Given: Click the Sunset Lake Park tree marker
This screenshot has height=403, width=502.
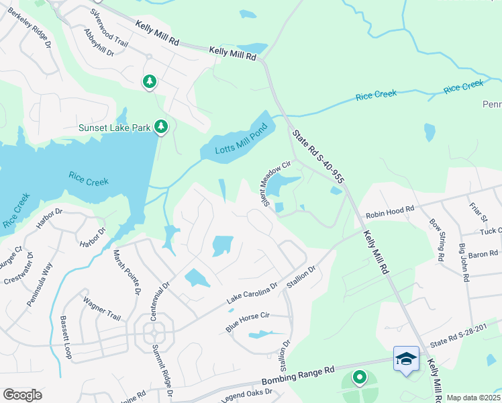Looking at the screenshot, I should tap(160, 126).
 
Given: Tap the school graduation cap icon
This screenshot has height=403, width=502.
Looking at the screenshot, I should tap(406, 359).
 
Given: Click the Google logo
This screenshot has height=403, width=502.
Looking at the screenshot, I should tap(22, 395).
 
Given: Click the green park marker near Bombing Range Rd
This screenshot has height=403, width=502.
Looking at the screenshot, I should tap(359, 378).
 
